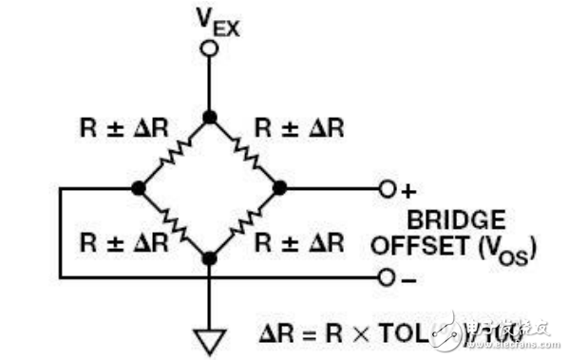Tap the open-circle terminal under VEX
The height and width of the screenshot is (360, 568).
pyautogui.click(x=209, y=47)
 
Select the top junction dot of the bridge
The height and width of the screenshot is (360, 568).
pyautogui.click(x=209, y=117)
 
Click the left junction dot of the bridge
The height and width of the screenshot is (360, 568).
pyautogui.click(x=139, y=188)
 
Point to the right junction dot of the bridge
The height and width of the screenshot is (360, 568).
pyautogui.click(x=280, y=188)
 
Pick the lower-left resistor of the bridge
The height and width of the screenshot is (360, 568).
pyautogui.click(x=174, y=223)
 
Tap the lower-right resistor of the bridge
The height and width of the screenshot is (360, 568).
pyautogui.click(x=245, y=223)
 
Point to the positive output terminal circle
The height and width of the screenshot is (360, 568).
pyautogui.click(x=386, y=188)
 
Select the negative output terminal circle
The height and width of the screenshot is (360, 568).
pyautogui.click(x=386, y=277)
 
